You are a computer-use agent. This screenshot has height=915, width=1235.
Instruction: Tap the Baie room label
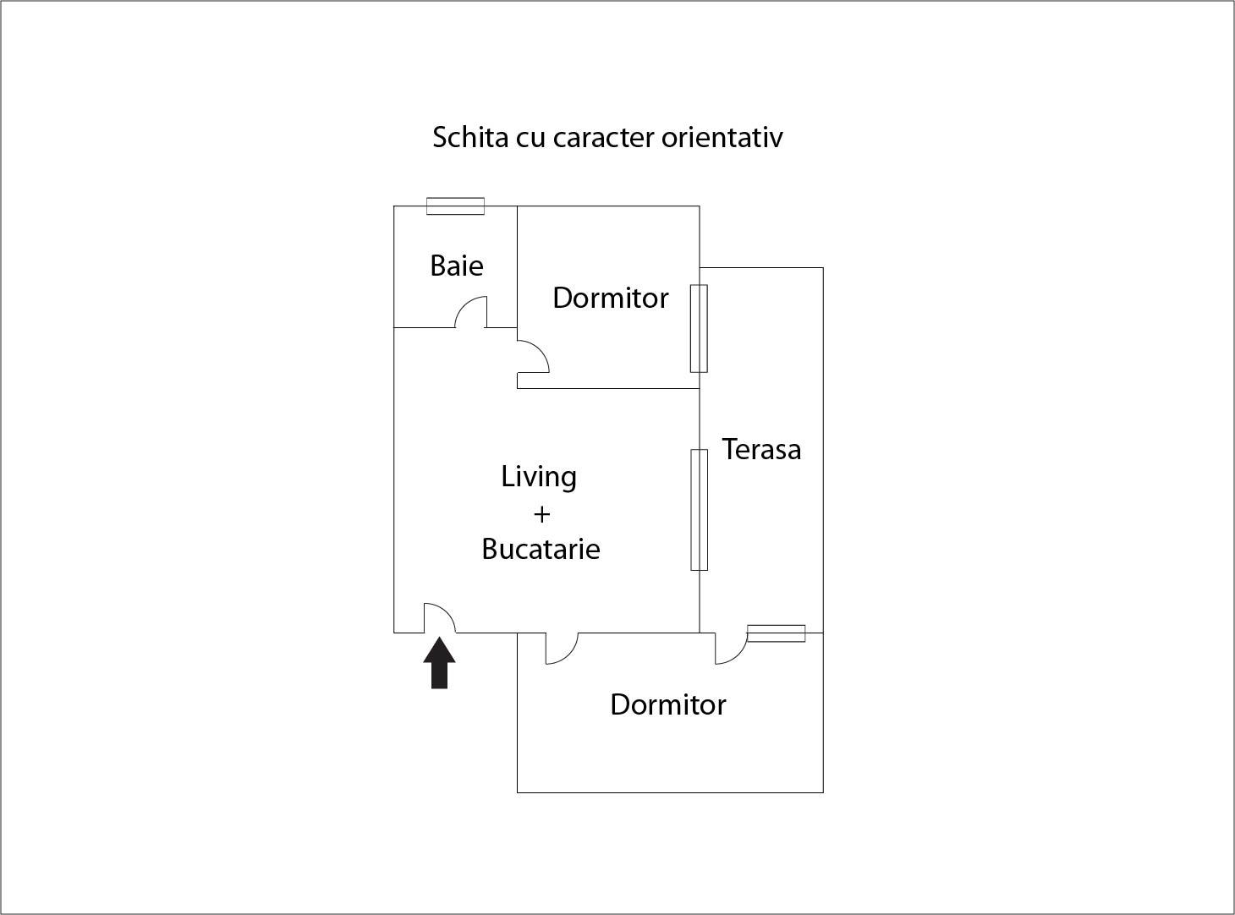(x=457, y=266)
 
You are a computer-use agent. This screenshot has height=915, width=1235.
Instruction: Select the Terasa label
(x=761, y=449)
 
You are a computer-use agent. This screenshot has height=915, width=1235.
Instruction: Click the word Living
(x=539, y=477)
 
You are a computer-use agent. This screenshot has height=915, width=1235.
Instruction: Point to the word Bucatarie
(x=541, y=549)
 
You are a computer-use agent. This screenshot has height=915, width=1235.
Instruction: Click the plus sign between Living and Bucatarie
(x=541, y=513)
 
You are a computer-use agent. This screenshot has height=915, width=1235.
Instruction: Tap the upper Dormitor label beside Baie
(x=610, y=298)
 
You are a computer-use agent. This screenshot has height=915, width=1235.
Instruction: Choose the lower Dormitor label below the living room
(x=667, y=704)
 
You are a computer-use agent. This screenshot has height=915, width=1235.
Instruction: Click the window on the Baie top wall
(x=455, y=205)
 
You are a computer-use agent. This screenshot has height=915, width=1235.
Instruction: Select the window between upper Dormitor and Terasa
(x=699, y=328)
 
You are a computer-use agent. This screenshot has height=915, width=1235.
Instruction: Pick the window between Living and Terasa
(x=699, y=510)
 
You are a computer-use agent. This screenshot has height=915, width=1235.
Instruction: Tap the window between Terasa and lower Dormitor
(x=776, y=633)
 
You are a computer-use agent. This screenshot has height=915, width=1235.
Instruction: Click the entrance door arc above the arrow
(x=439, y=617)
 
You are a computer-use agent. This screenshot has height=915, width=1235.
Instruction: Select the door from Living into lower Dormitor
(x=561, y=648)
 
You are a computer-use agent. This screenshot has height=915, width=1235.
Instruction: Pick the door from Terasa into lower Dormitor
(x=731, y=648)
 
